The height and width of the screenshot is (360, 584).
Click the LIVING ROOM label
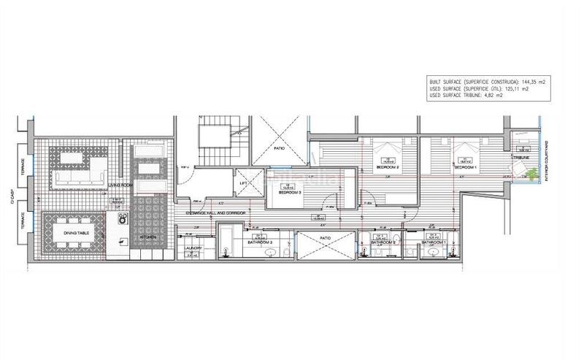point(119,185)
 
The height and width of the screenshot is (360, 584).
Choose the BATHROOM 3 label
point(260,242)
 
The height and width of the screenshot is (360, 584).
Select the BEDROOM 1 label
point(466,166)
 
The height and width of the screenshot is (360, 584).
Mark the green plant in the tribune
point(534,174)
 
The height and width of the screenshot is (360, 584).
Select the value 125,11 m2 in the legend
point(514,88)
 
